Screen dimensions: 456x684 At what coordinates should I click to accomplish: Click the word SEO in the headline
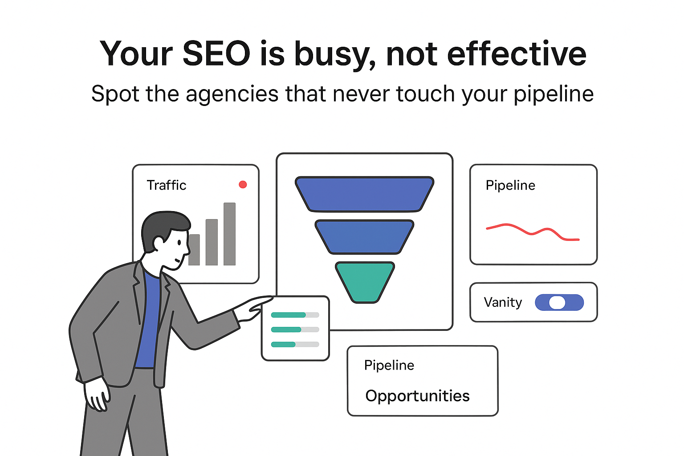coord(216,54)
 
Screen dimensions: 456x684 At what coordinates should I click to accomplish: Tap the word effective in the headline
coord(517,54)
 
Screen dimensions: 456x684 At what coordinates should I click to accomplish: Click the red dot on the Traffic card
coord(243,184)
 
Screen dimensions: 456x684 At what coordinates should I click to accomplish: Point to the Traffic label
coord(167,185)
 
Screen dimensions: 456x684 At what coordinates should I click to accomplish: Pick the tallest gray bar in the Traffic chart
coord(229,234)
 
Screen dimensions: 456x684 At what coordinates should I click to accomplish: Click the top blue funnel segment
coord(364,194)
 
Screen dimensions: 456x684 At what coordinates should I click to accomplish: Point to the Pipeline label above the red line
coord(510,185)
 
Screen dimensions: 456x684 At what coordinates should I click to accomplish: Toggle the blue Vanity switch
coord(559,302)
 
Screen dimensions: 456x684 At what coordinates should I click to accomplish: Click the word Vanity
coord(503,302)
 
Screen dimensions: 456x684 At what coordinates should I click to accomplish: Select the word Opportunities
coord(417,396)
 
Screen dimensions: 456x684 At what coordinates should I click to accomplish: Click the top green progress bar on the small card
coord(288,315)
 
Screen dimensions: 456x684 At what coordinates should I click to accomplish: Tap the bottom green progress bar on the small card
coord(283,344)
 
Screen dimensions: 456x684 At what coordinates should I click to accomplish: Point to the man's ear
coord(159,243)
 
